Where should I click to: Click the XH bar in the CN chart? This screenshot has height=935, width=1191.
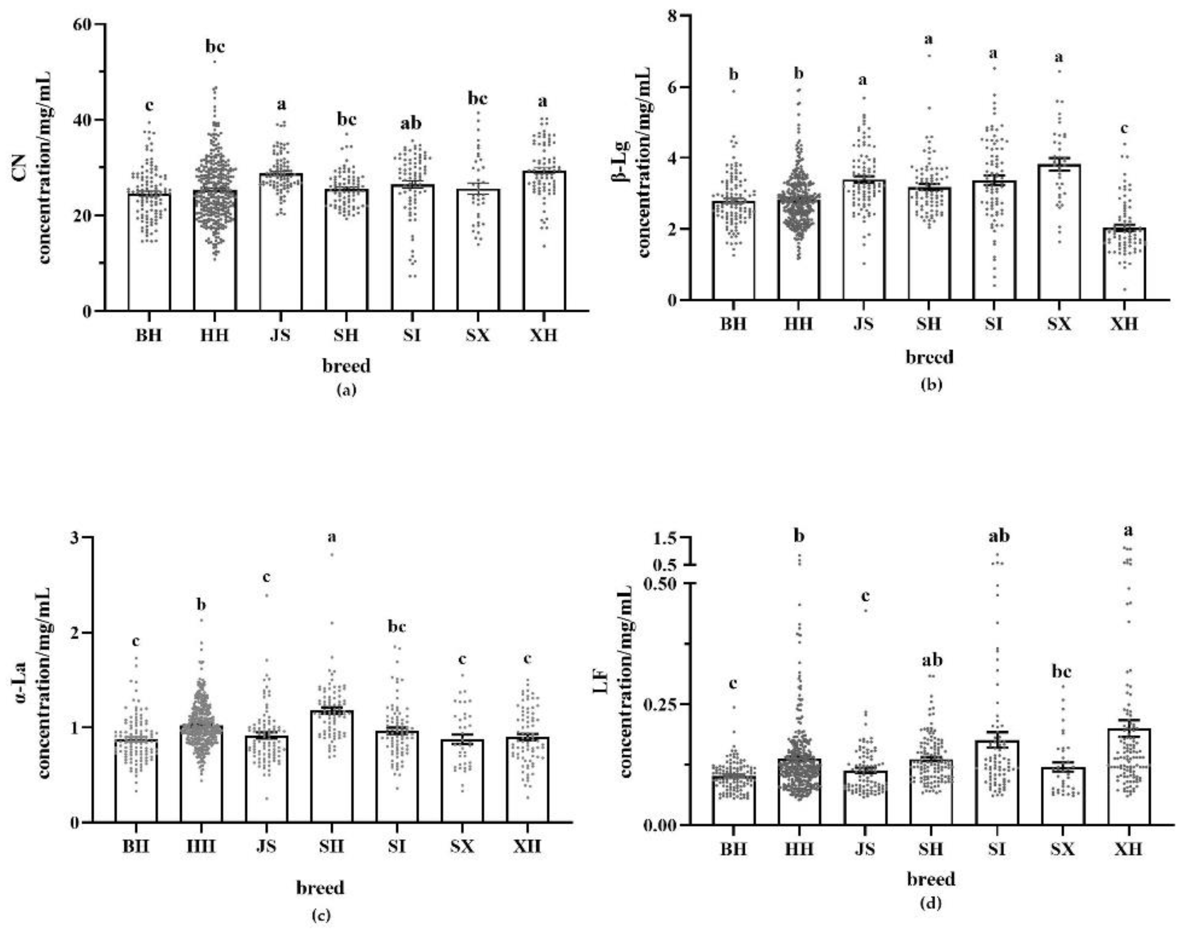point(543,241)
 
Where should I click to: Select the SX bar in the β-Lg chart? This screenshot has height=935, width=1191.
point(1059,232)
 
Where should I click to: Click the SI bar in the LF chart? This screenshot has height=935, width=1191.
point(996,783)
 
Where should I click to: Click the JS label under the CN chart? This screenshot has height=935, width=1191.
point(280,334)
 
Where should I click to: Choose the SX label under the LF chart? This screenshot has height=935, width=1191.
point(1062,849)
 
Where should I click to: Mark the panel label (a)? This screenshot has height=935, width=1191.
point(347,390)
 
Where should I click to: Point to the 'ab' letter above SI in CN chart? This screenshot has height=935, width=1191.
point(412,124)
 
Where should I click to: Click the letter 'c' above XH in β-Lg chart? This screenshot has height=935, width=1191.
point(1124,129)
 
